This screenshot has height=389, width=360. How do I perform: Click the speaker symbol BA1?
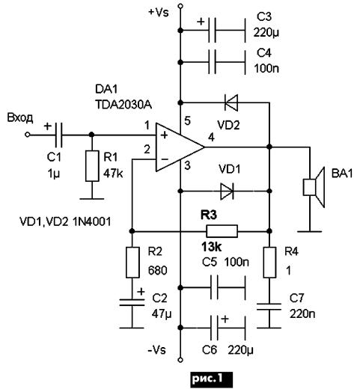click(x=314, y=187)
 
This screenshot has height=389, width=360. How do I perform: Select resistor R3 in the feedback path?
click(x=222, y=231)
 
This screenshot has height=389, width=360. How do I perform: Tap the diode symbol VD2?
click(x=231, y=102)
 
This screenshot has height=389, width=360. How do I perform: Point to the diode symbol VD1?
click(x=227, y=192)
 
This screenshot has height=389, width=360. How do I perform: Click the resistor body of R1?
click(x=92, y=166)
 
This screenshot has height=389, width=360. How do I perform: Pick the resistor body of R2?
click(x=132, y=263)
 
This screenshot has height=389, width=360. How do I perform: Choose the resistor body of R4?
click(x=269, y=263)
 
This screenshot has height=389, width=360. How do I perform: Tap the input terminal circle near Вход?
click(x=28, y=135)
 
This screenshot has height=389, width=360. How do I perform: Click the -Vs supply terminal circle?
click(x=180, y=360)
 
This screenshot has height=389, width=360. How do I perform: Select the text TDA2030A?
click(x=123, y=105)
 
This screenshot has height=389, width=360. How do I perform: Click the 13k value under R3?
click(x=211, y=247)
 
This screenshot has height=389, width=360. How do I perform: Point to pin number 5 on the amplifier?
click(x=187, y=121)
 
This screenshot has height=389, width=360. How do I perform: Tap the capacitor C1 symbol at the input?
click(x=58, y=135)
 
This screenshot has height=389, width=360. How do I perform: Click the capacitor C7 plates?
click(x=269, y=307)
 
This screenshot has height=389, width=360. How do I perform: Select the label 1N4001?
click(x=92, y=221)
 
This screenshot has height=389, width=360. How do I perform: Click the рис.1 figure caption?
click(x=212, y=379)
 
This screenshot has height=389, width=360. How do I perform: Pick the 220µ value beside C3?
click(x=266, y=33)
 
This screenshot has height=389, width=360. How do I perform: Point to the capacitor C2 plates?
click(x=132, y=302)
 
